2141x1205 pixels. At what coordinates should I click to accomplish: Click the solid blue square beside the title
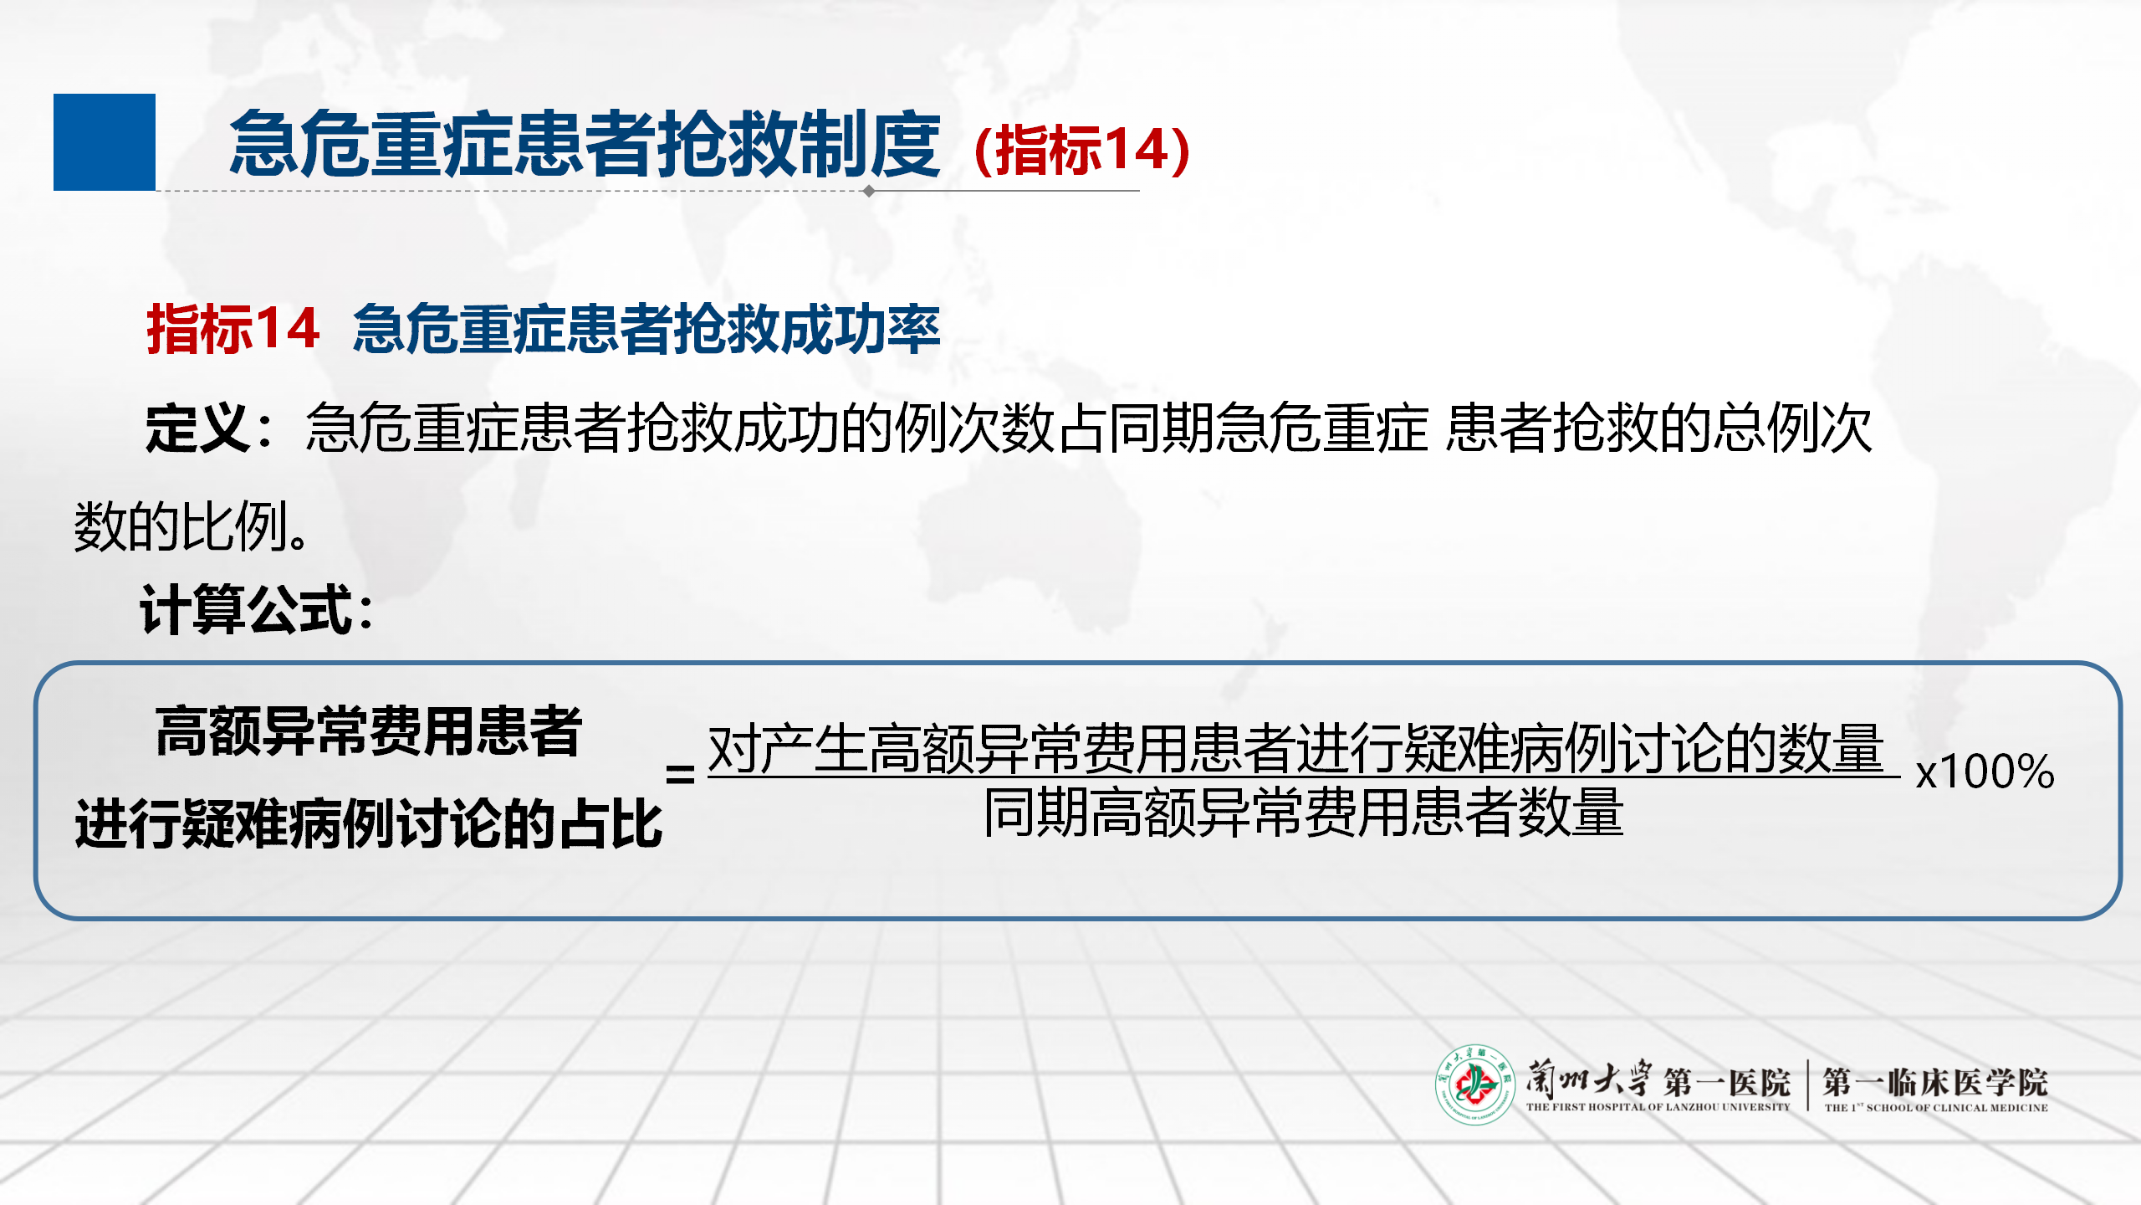[x=105, y=142]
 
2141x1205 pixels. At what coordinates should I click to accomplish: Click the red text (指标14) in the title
[x=1082, y=150]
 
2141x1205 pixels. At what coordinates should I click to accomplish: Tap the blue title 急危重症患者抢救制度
[x=585, y=145]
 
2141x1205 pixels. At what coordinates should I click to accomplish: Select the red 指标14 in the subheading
[x=232, y=328]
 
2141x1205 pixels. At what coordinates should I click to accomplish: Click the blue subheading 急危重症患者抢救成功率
[x=646, y=328]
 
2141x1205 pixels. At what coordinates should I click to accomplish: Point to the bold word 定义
[x=197, y=428]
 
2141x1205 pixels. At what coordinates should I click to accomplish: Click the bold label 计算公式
[x=248, y=609]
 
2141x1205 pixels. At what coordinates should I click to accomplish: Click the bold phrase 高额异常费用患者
[x=368, y=731]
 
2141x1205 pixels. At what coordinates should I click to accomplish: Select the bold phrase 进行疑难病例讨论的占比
[x=369, y=823]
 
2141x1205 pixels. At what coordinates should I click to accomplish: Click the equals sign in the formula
[x=680, y=773]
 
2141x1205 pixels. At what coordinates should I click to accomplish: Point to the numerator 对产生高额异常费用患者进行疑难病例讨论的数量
[x=1295, y=748]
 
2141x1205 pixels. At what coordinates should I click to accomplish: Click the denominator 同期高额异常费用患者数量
[x=1303, y=813]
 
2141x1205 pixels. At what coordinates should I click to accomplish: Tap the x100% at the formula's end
[x=1985, y=772]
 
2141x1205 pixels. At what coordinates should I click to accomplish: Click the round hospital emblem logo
[x=1475, y=1084]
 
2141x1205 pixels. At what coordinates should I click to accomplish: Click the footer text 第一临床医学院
[x=1935, y=1082]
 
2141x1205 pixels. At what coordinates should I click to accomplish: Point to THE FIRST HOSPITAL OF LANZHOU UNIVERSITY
[x=1658, y=1107]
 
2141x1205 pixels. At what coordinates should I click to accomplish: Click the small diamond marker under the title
[x=869, y=191]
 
